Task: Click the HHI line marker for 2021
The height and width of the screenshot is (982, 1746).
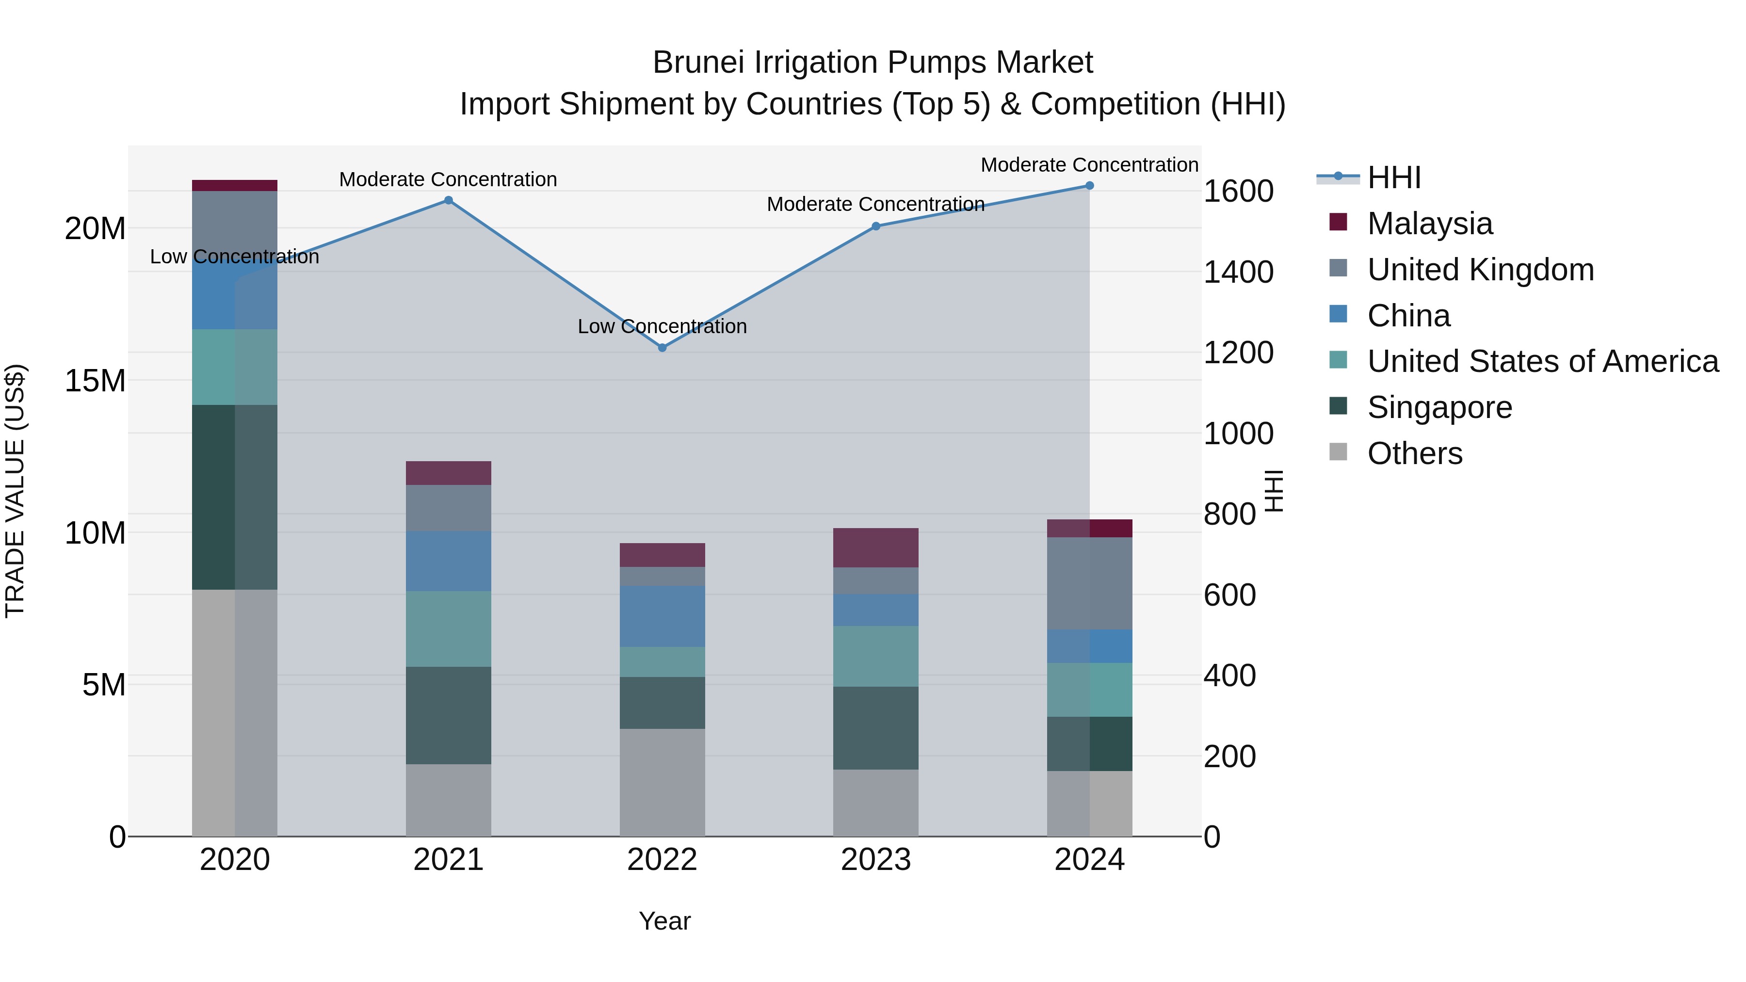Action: [448, 201]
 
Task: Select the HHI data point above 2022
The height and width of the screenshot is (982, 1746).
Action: [662, 348]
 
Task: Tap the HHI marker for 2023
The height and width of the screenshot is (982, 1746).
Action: [876, 226]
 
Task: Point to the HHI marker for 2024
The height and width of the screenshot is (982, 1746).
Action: [1089, 186]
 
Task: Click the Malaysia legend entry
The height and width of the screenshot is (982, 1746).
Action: [1429, 224]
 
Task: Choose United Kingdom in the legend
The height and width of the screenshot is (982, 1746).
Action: [1480, 270]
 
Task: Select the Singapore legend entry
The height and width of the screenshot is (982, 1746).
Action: [1439, 407]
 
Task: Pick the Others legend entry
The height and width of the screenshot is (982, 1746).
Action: [1415, 453]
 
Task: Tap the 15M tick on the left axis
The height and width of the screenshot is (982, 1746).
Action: [95, 381]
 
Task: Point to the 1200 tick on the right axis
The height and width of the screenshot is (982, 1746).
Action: [1238, 353]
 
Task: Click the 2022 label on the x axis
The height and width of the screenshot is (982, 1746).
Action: [662, 860]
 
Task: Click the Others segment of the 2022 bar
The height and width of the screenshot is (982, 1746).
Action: [662, 782]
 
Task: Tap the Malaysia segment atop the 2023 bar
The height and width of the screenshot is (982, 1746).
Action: [876, 547]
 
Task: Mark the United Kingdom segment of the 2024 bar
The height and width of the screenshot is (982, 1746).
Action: [1089, 583]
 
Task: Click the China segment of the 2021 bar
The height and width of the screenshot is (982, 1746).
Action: [448, 561]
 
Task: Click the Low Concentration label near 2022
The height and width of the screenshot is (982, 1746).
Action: [662, 327]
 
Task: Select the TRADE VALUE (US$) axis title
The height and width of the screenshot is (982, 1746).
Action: [15, 491]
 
